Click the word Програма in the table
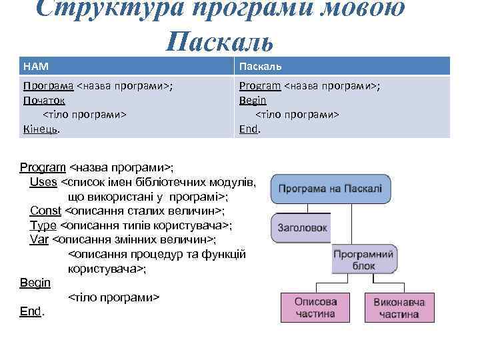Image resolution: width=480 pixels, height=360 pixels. (x=48, y=86)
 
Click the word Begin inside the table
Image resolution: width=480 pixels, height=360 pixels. (x=253, y=100)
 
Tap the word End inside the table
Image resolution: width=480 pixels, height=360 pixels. (x=248, y=128)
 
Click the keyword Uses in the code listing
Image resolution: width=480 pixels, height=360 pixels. (x=43, y=182)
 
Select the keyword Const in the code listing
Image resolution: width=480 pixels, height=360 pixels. (x=45, y=211)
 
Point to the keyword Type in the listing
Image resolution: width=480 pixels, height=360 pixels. (x=43, y=225)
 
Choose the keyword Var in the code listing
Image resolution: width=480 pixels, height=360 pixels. (x=39, y=239)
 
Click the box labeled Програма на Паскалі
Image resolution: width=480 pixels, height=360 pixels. (x=330, y=189)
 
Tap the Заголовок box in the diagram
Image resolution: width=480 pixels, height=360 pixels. (x=302, y=227)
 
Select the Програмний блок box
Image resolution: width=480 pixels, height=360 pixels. (x=363, y=260)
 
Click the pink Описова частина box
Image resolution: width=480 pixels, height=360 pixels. (x=315, y=307)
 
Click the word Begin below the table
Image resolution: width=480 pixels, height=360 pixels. (x=35, y=283)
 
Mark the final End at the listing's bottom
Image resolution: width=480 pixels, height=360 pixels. (x=31, y=311)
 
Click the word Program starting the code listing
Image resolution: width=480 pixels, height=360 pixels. (x=43, y=167)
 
